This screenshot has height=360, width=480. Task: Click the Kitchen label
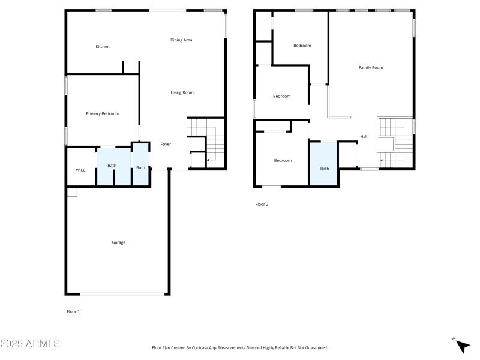click(x=103, y=47)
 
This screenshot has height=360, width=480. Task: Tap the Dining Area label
click(x=181, y=40)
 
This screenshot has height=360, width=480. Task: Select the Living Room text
click(x=182, y=92)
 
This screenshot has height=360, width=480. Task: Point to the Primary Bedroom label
click(x=102, y=114)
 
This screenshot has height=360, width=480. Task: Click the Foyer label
click(x=166, y=144)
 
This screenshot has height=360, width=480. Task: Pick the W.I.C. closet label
click(x=81, y=170)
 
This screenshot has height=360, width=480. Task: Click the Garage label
click(x=118, y=242)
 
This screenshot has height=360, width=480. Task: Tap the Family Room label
click(x=370, y=68)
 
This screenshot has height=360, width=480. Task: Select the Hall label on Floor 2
click(x=364, y=137)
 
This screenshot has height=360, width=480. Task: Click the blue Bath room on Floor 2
click(x=323, y=165)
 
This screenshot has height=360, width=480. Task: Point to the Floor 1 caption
click(x=73, y=311)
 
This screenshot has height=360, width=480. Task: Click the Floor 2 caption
click(x=262, y=205)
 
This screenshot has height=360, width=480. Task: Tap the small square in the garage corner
click(x=72, y=193)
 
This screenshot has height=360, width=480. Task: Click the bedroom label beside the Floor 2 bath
click(x=283, y=160)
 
